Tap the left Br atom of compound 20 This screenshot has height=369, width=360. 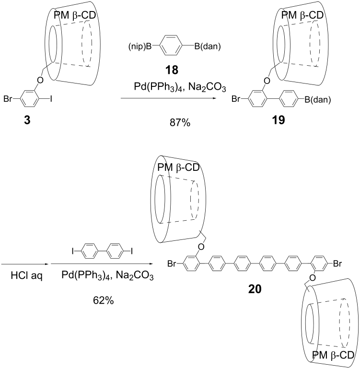point(173,263)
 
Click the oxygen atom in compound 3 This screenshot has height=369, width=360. point(40,80)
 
